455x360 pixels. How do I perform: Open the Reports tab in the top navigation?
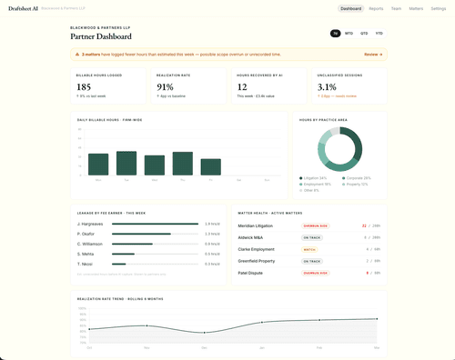pos(376,8)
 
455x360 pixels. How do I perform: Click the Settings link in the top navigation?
pos(438,8)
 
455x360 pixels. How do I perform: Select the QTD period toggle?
pos(364,33)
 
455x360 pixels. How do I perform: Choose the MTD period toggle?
pos(349,33)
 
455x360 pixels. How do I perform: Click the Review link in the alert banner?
pos(372,55)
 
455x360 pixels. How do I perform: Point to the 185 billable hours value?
pos(84,87)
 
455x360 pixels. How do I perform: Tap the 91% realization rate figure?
pos(165,87)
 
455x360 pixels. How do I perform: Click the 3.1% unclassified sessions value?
pos(328,87)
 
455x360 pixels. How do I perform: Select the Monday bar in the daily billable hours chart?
pos(98,164)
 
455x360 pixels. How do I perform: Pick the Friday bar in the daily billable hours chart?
pos(211,166)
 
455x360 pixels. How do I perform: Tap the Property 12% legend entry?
pos(356,184)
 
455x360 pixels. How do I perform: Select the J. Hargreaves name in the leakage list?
pos(91,223)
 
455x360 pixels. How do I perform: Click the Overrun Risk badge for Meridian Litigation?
pos(315,225)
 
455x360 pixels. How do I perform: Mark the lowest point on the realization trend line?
pos(205,332)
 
